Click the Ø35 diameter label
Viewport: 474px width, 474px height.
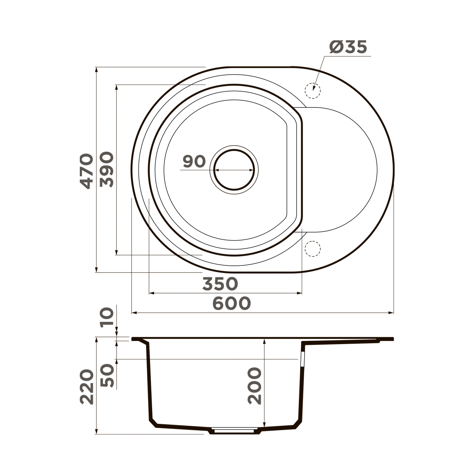point(348,47)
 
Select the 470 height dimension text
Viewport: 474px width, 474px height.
point(87,171)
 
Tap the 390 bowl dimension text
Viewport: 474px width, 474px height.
point(107,169)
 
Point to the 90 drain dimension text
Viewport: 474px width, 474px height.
point(194,162)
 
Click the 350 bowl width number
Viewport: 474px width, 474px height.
point(220,284)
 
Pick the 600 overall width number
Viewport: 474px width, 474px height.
point(231,303)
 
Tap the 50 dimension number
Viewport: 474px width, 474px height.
point(107,375)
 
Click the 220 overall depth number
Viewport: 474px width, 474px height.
point(87,387)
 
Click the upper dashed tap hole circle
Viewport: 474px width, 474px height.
point(312,90)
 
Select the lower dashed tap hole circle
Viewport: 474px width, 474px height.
point(312,248)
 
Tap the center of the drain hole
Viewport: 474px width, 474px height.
point(234,169)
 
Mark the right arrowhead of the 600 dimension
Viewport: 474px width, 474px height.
point(392,313)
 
